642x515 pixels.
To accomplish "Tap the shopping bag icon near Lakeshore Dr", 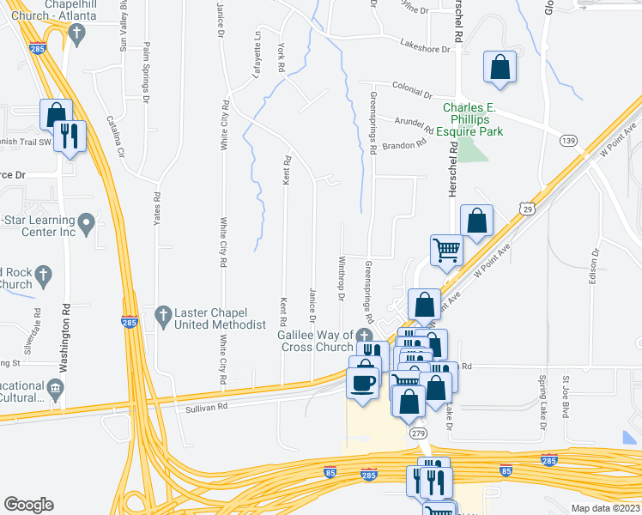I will pos(500,67).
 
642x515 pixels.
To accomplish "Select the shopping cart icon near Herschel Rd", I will pos(445,250).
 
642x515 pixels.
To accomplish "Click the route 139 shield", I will pos(566,140).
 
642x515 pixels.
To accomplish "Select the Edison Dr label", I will pos(593,271).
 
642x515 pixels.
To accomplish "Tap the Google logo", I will pos(28,505).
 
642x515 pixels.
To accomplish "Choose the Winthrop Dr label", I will pos(342,279).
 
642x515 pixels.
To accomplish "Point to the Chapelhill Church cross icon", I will pos(76,35).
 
